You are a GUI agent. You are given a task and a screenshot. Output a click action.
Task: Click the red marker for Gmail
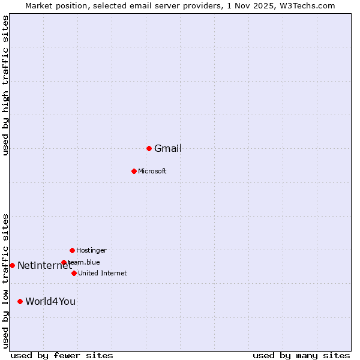pos(149,148)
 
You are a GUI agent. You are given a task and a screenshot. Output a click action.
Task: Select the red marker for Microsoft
pos(134,171)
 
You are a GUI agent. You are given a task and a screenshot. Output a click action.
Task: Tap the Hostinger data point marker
pos(72,250)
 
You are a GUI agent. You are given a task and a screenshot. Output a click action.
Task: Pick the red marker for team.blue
pos(64,262)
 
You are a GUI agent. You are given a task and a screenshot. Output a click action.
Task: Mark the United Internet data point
pos(74,273)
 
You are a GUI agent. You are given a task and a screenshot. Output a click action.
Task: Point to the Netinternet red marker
pos(12,265)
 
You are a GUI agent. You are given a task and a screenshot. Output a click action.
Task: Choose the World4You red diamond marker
pos(20,301)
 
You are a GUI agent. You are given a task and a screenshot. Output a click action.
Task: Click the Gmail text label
pos(168,149)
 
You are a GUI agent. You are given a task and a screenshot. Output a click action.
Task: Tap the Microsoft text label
pos(152,172)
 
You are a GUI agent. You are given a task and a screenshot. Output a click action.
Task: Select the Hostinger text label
pos(91,250)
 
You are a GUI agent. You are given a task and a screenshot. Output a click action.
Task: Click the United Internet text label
pos(103,274)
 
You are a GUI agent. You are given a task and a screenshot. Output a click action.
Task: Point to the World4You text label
pos(50,302)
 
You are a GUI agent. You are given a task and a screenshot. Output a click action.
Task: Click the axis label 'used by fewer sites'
pos(62,355)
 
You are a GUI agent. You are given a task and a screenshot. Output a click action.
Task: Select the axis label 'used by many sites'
pos(301,355)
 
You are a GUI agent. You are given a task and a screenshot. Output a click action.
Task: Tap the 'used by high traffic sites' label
pos(5,85)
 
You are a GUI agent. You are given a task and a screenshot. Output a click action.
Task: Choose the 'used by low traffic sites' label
pos(5,281)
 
